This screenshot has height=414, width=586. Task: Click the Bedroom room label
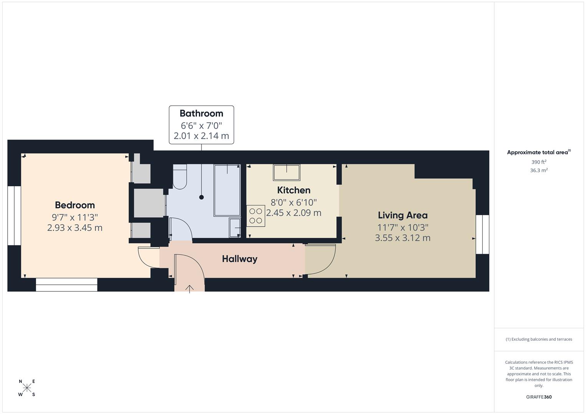75,205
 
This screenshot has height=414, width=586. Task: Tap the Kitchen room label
294,190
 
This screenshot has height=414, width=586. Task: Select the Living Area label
403,215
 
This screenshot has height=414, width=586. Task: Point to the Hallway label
239,259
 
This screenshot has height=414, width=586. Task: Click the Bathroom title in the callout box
201,113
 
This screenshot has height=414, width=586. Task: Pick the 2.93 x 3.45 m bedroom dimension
75,228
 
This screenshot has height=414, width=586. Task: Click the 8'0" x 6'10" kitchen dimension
294,202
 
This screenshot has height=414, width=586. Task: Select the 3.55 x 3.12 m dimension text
403,238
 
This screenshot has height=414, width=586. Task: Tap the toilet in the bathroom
180,177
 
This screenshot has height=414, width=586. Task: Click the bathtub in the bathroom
227,190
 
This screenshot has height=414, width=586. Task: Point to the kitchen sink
286,172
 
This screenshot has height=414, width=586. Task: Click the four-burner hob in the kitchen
256,216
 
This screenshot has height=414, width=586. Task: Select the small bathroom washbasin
234,227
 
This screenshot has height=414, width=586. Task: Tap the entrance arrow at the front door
190,289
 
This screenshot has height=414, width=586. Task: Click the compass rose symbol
27,388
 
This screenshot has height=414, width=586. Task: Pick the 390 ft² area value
539,162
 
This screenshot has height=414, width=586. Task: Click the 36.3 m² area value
539,171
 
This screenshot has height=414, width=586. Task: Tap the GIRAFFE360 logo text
539,397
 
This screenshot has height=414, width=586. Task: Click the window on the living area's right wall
482,234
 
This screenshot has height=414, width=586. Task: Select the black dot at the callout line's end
201,197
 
